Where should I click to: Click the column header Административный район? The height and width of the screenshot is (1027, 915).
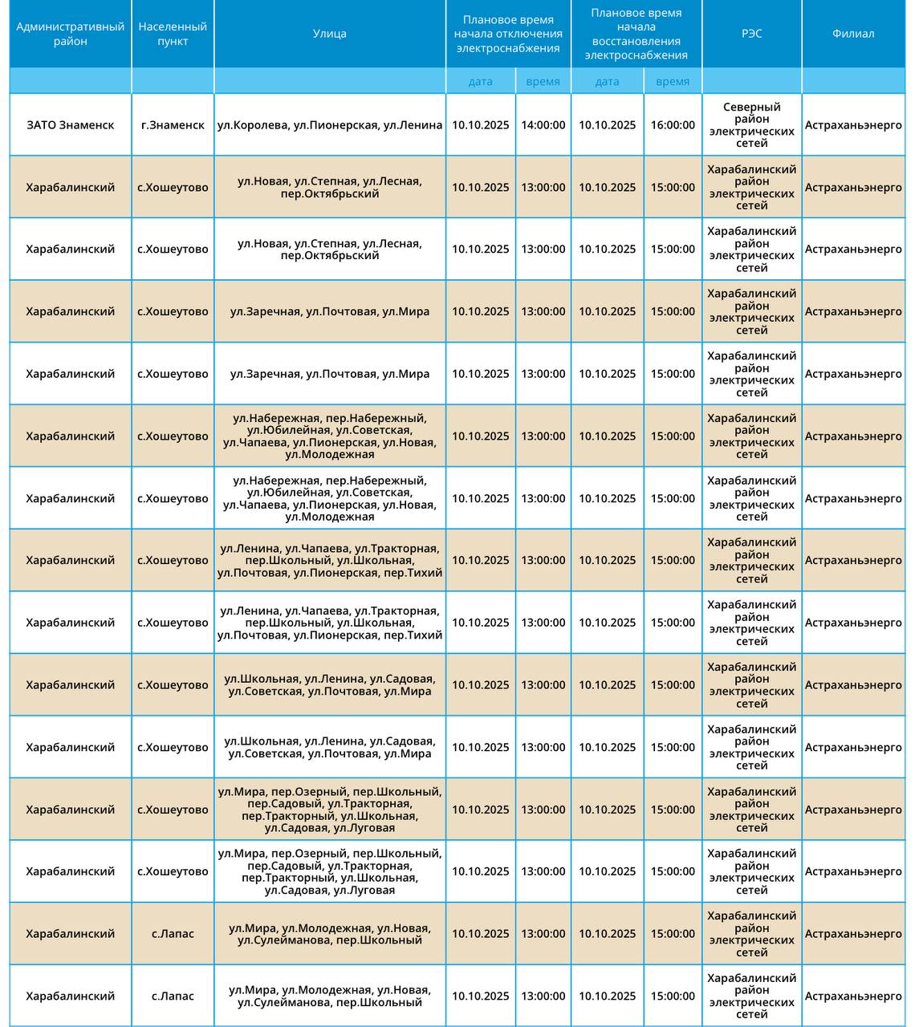71,34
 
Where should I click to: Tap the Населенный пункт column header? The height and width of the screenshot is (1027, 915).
173,34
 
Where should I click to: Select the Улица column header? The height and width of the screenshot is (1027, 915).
330,34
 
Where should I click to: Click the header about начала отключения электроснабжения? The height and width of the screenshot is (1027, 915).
508,34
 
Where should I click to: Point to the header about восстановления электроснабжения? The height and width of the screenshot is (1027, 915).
636,34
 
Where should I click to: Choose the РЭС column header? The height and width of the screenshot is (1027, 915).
751,34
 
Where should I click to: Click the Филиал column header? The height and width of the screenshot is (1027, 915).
853,34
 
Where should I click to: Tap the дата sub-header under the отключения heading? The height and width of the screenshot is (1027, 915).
481,81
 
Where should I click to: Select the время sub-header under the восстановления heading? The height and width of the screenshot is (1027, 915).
673,81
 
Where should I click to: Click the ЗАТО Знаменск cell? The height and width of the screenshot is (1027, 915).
71,125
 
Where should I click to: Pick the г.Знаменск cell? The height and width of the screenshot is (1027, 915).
173,125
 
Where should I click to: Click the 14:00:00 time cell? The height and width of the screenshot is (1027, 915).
543,125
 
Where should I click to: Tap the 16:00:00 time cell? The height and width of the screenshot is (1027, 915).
673,125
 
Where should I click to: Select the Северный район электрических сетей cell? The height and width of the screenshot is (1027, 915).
751,125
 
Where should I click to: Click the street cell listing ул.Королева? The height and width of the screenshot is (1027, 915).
330,125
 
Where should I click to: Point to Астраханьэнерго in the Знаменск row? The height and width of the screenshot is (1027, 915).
853,125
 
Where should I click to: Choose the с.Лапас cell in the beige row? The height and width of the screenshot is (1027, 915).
173,934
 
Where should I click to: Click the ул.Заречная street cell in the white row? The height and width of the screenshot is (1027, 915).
330,374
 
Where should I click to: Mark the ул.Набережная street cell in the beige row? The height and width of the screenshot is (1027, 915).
330,436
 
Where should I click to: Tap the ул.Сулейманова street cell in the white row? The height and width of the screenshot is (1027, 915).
330,997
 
